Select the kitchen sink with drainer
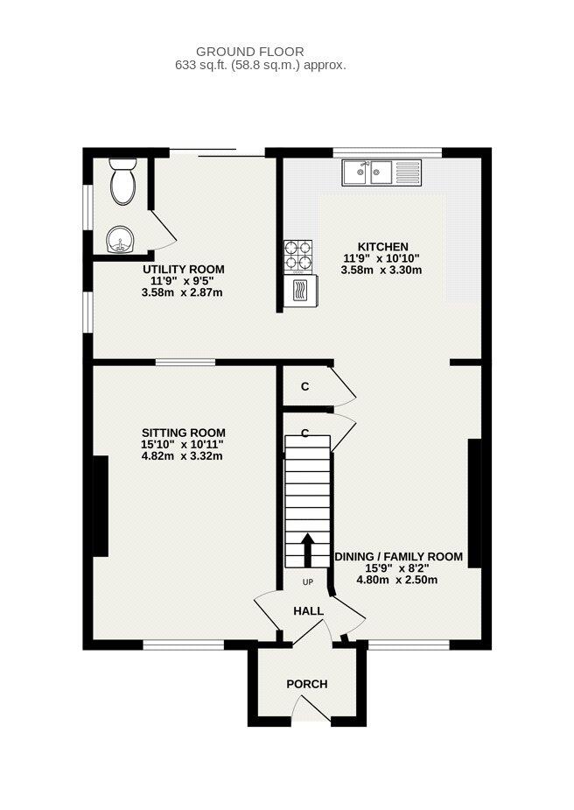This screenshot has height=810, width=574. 381,173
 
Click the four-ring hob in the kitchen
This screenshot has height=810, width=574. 298,254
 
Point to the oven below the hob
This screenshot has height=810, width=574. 299,290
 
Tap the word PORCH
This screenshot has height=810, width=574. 307,683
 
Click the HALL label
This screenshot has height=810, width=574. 308,611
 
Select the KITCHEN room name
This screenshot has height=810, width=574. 381,246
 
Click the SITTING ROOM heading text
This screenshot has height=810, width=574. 183,433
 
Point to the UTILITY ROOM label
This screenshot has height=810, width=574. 184,269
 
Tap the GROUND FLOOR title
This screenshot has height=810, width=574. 250,53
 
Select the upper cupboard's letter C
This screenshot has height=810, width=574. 305,385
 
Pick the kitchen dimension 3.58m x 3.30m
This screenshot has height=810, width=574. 381,271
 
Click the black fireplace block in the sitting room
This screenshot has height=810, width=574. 101,505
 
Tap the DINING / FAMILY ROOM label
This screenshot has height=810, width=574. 398,556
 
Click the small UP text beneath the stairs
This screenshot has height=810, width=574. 307,582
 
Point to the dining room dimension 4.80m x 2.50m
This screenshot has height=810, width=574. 397,579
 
